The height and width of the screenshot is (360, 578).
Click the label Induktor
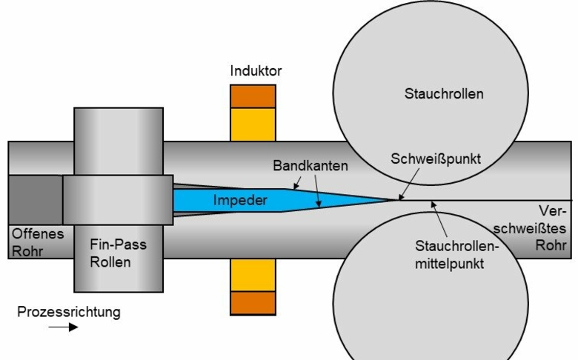tap(256, 71)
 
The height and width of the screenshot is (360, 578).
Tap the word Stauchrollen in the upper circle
tap(444, 93)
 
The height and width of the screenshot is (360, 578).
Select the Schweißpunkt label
tap(436, 159)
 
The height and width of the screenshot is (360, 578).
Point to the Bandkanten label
tap(310, 166)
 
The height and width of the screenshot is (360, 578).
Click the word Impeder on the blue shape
tap(240, 200)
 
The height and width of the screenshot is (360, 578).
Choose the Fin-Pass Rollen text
tap(118, 253)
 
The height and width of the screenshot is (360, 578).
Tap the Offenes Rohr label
tap(38, 242)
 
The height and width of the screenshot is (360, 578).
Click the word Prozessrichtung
tap(69, 312)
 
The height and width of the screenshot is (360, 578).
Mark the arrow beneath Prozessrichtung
tap(63, 327)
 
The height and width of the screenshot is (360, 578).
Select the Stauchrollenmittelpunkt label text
tap(456, 255)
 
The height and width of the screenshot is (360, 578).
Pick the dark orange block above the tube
tap(253, 96)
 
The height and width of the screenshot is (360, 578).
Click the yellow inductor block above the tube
tap(253, 124)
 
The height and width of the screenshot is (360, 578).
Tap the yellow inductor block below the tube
tap(253, 275)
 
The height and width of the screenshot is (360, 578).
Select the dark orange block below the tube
tap(253, 303)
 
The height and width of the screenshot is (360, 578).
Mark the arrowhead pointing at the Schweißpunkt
tap(401, 198)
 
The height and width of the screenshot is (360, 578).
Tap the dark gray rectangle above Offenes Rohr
tap(36, 200)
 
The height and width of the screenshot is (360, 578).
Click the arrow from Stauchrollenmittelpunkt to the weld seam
tap(439, 219)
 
